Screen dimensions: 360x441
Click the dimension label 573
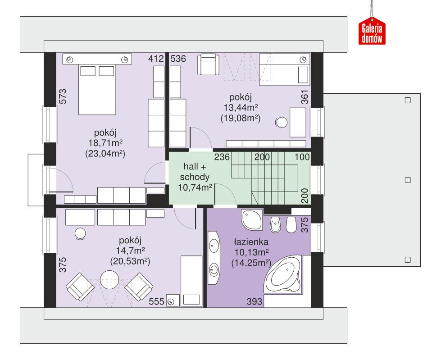[63, 97]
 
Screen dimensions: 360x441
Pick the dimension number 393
[255, 302]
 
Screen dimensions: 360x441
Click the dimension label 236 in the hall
[222, 157]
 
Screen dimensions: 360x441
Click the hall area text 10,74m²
[195, 187]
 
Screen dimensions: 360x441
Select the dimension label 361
[305, 98]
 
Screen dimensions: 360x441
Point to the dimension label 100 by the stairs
[303, 157]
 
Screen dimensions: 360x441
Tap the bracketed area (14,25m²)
[250, 263]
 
